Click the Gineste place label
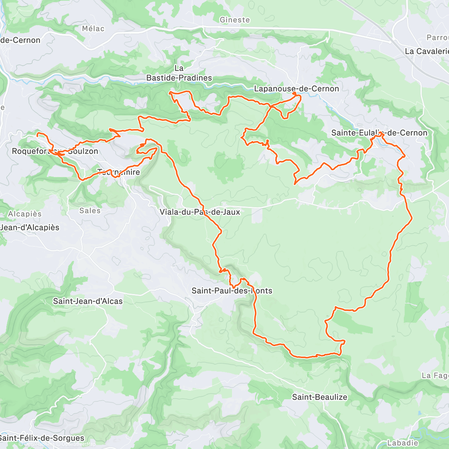[235, 20]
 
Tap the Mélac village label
[93, 29]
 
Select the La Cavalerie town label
[427, 51]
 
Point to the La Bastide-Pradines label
[179, 73]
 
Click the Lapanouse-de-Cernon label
[296, 89]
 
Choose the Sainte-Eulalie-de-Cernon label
[379, 133]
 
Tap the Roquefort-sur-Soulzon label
[55, 151]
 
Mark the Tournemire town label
[119, 172]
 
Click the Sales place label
[90, 211]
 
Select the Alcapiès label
[25, 214]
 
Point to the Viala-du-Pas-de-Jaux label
[200, 212]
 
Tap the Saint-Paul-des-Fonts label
[232, 291]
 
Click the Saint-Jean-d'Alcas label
[88, 301]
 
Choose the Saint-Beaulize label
[320, 397]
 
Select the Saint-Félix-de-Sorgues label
[42, 438]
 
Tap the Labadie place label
[403, 443]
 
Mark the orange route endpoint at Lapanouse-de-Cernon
[295, 93]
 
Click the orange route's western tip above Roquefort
[37, 133]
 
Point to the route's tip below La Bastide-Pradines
[170, 92]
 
